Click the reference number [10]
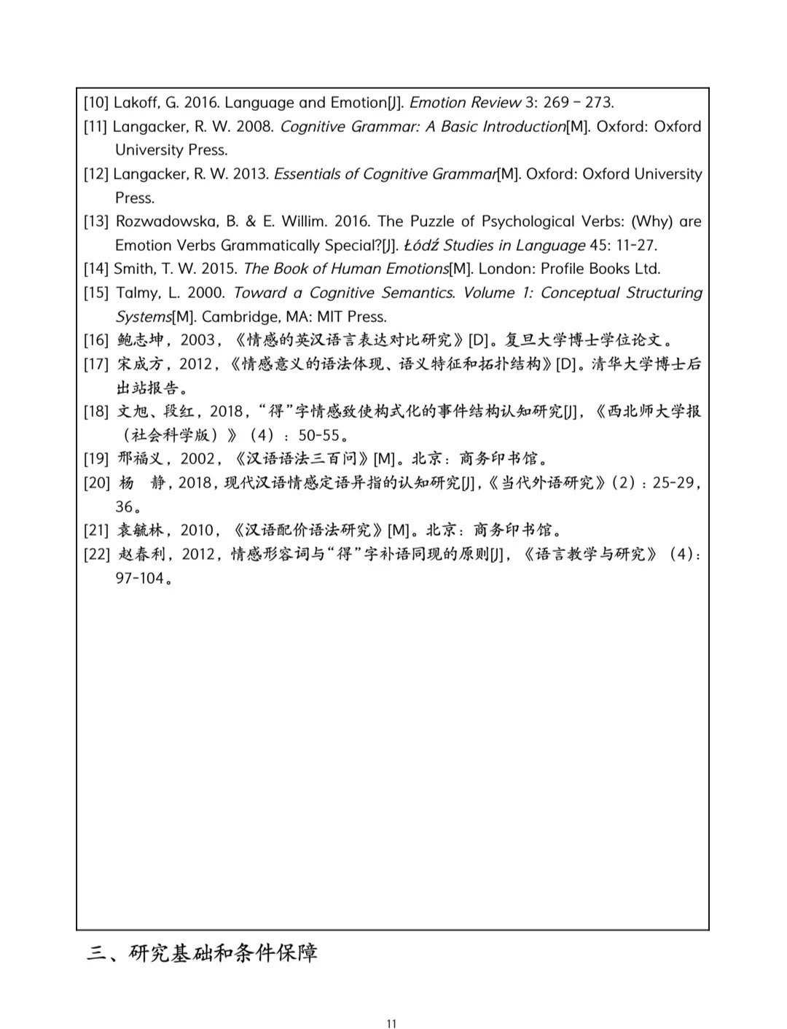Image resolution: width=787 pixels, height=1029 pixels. coord(95,103)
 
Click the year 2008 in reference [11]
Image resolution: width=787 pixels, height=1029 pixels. coord(254,127)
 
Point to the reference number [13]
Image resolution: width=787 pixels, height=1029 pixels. coord(95,222)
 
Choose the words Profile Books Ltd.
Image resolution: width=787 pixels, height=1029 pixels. coord(600,269)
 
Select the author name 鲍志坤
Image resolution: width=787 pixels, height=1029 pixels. coord(141,340)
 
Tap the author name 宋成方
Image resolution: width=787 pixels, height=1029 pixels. coord(141,364)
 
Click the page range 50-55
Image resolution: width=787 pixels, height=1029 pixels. coord(318,436)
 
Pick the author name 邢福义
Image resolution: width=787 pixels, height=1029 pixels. coord(141,459)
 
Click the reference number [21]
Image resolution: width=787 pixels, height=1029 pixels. coord(95,531)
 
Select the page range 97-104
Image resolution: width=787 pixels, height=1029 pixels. coord(139,579)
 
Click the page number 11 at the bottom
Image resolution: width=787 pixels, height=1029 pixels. coord(391,1024)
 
